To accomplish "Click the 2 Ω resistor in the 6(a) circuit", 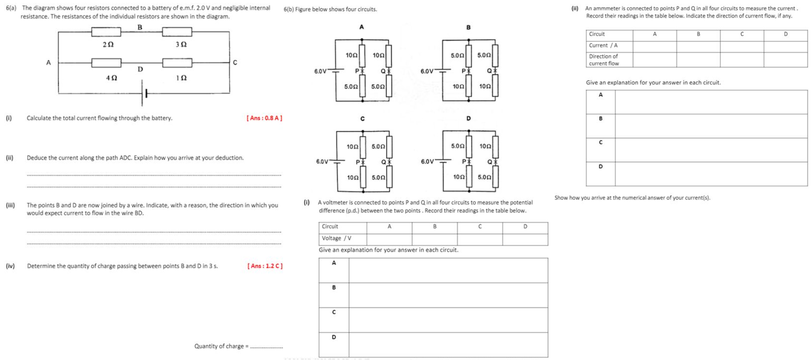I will [106, 32].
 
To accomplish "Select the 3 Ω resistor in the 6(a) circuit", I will [177, 32].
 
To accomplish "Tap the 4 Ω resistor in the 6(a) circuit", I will [106, 63].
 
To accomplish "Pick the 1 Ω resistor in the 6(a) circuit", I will [177, 63].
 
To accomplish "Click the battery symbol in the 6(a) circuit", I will [144, 93].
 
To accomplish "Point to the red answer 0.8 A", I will [264, 118].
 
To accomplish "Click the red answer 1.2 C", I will [265, 266].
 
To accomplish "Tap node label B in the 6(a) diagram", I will [140, 27].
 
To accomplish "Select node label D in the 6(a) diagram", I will [140, 69].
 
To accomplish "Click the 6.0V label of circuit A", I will [320, 71].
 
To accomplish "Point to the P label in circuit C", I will [358, 162].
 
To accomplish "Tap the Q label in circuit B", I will [489, 71].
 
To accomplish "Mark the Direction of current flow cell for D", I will [785, 60].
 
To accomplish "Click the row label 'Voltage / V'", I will [337, 238].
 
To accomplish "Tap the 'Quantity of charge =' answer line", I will [266, 347].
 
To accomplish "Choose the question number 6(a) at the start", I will [11, 8].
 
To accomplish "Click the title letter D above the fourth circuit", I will [468, 118].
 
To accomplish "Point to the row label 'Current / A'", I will [603, 46].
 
